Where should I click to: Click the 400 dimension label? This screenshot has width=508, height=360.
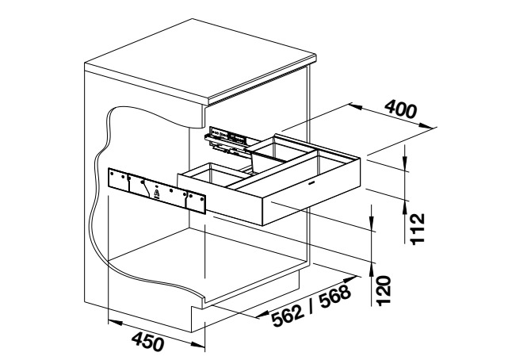[x=400, y=109]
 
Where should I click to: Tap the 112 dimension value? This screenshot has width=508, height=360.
[x=417, y=228]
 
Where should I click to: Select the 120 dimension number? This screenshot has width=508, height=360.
[x=384, y=290]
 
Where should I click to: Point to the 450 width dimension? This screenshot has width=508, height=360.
[x=147, y=341]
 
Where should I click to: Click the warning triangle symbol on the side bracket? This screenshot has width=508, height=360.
[x=157, y=193]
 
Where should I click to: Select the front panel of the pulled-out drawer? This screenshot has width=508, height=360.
[x=311, y=192]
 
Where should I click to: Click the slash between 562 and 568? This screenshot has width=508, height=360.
[x=311, y=305]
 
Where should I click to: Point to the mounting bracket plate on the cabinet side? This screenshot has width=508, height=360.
[x=157, y=190]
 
